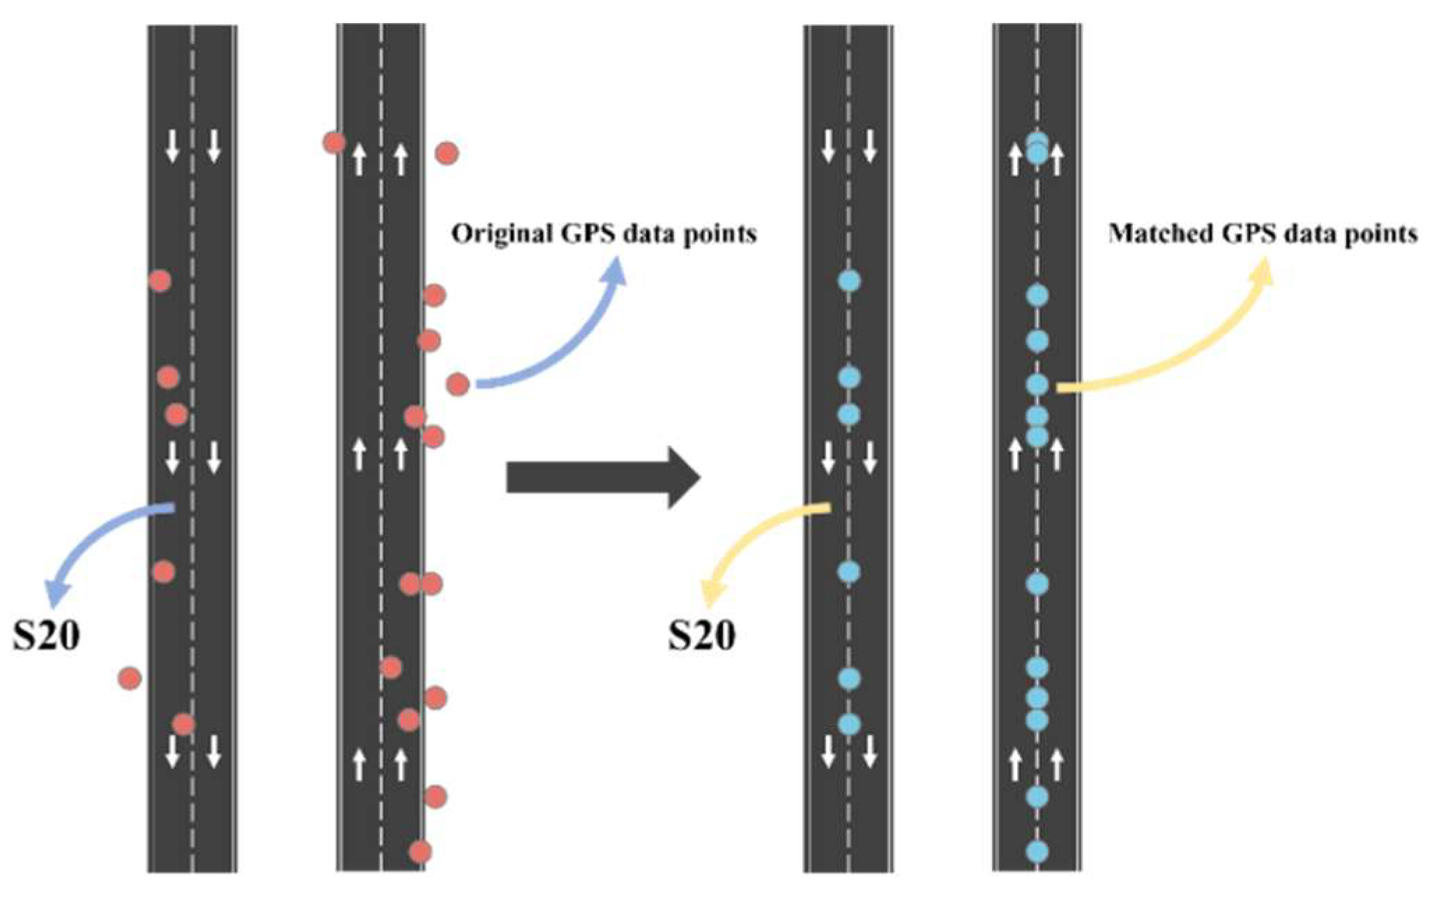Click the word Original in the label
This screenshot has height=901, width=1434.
click(x=503, y=234)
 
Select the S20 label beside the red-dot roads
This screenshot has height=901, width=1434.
click(x=46, y=636)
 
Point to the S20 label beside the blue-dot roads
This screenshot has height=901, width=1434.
click(x=701, y=636)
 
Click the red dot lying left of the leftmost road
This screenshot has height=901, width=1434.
click(x=130, y=678)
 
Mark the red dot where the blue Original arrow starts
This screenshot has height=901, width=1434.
click(x=457, y=384)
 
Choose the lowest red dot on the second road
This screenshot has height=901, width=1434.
click(x=420, y=852)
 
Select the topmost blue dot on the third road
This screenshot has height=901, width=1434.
click(x=848, y=281)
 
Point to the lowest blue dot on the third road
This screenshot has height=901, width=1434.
click(x=848, y=724)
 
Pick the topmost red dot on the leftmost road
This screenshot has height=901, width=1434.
click(x=160, y=281)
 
